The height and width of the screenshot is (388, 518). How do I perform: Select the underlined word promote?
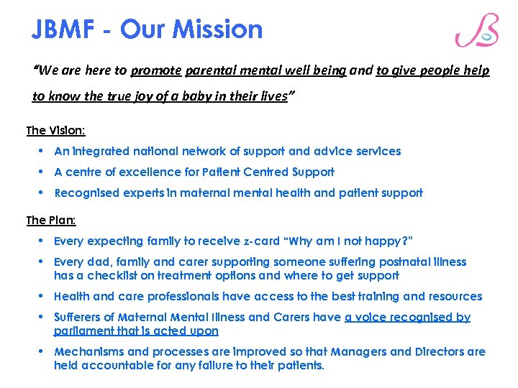156,70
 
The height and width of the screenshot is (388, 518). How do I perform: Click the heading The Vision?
55,131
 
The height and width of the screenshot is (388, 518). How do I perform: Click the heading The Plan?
51,221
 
